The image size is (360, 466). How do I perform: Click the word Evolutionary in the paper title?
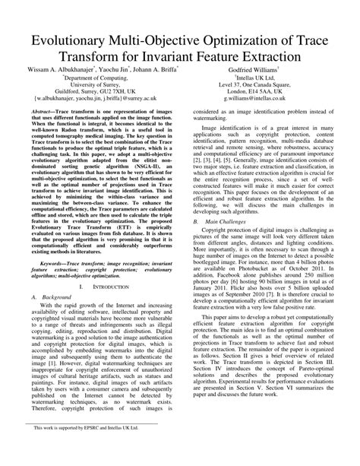[69, 40]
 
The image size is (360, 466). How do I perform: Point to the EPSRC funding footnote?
[90, 449]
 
